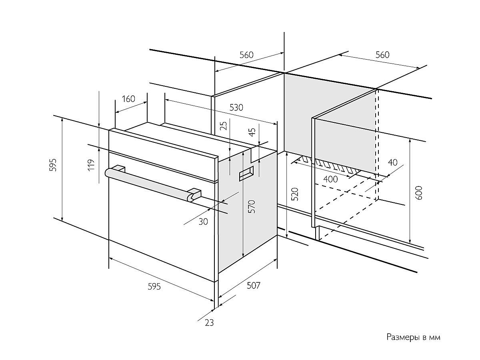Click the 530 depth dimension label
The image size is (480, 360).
(236, 107)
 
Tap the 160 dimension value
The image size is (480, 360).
(128, 99)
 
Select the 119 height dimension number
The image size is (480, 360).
(91, 165)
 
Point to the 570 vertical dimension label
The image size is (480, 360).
(252, 206)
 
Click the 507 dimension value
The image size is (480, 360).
(253, 285)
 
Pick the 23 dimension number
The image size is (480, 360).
(209, 322)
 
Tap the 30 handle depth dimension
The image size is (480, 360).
(203, 221)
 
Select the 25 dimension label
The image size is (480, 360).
(224, 126)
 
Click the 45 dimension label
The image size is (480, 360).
(252, 133)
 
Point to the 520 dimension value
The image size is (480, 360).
(295, 194)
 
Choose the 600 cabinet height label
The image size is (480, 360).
(419, 194)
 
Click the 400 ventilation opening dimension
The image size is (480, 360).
(330, 179)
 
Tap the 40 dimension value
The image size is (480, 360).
(392, 162)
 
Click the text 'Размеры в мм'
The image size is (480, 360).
(413, 337)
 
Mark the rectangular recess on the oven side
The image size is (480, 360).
(246, 174)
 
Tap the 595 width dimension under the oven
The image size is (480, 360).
(154, 286)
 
